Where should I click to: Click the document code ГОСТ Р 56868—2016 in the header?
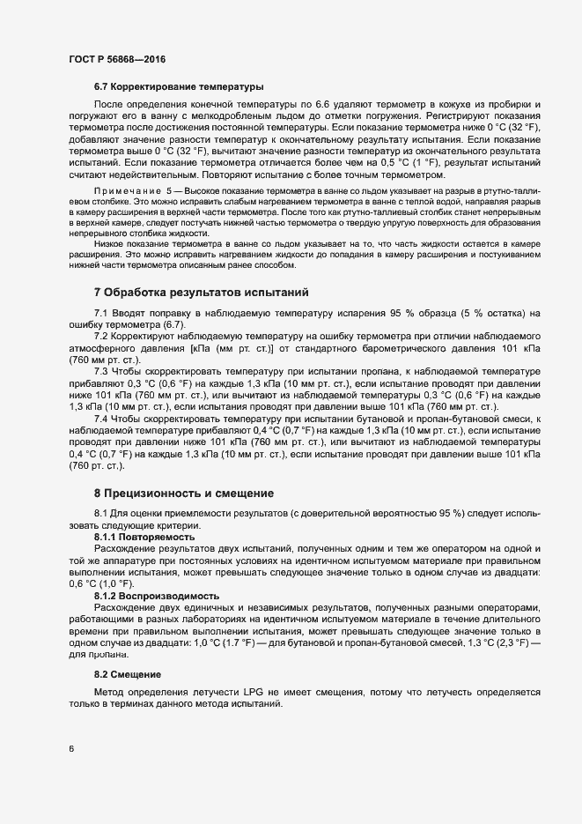pos(116,59)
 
